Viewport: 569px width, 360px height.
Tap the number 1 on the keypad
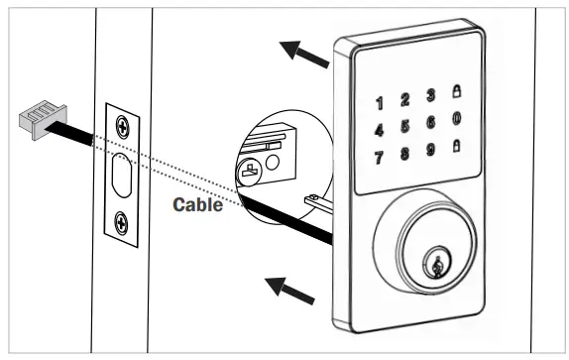[x=380, y=103]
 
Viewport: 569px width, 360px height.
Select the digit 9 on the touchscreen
[x=430, y=149]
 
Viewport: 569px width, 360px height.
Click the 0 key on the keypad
[x=456, y=118]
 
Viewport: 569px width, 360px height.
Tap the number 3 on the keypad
[x=430, y=95]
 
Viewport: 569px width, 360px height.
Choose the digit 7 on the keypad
[x=380, y=158]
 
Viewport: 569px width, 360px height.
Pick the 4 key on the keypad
[x=380, y=130]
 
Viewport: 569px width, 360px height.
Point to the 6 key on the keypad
[x=430, y=122]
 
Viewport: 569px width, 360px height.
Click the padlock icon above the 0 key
[x=456, y=91]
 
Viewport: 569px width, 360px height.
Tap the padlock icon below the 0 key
[x=456, y=145]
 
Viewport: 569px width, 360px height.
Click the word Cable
[x=196, y=206]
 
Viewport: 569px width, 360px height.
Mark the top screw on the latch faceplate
[x=122, y=125]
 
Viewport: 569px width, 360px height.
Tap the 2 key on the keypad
[x=404, y=99]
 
